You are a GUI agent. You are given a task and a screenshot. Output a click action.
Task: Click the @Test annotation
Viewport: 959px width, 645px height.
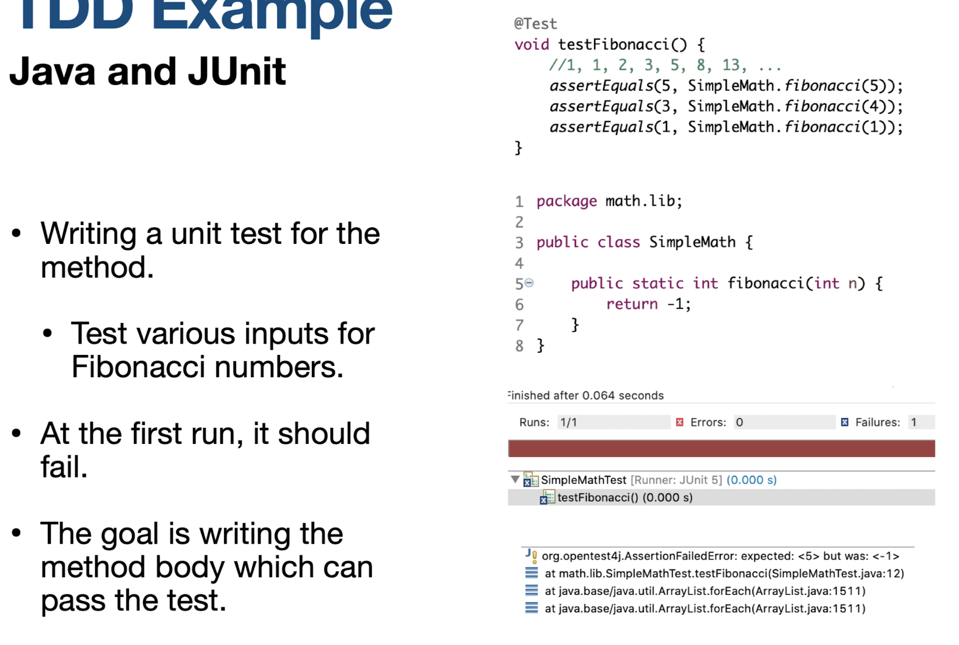point(535,24)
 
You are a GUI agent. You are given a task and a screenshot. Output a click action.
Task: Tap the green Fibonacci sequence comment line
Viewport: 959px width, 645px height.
point(664,65)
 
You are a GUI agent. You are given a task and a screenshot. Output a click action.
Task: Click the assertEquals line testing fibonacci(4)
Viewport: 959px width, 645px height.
point(725,107)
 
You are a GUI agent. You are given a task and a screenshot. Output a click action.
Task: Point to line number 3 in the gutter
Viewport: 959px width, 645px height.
point(519,243)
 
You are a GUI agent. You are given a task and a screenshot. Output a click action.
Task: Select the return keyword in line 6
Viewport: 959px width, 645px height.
point(631,304)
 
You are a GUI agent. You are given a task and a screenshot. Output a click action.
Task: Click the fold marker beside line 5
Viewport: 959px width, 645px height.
point(530,283)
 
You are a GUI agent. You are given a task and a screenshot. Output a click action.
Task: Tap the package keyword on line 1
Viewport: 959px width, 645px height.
point(566,201)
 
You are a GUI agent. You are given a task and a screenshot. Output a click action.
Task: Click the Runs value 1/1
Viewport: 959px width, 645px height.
point(569,422)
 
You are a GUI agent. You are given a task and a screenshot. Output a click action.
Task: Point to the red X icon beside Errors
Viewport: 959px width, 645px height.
point(679,422)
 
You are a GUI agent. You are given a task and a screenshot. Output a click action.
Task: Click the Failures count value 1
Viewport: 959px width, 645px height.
point(913,422)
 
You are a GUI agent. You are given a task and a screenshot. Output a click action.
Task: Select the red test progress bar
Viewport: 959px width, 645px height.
point(721,448)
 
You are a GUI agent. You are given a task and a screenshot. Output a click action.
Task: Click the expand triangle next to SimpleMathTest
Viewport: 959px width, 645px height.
point(515,479)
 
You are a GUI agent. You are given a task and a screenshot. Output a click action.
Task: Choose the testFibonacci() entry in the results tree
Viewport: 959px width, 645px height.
point(624,497)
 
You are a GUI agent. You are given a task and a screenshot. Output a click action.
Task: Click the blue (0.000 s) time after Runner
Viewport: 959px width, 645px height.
point(751,480)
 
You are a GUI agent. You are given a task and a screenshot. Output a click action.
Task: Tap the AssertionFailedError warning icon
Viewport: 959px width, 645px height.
point(531,556)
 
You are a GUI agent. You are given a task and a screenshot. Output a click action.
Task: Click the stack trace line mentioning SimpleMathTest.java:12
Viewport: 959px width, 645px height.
point(724,573)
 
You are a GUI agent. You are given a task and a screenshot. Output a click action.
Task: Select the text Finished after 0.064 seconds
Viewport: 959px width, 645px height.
point(586,395)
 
